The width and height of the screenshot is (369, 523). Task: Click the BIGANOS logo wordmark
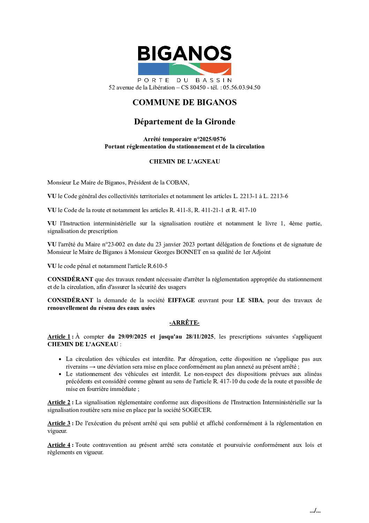pyautogui.click(x=184, y=54)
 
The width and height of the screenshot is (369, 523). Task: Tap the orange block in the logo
pyautogui.click(x=216, y=69)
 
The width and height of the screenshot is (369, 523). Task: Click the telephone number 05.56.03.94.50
pyautogui.click(x=241, y=87)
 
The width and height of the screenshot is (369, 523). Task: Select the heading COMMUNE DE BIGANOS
pyautogui.click(x=184, y=102)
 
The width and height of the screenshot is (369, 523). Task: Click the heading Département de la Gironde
pyautogui.click(x=184, y=122)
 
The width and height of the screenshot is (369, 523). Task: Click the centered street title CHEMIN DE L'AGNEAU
pyautogui.click(x=184, y=161)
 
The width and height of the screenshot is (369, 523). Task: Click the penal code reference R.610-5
pyautogui.click(x=157, y=266)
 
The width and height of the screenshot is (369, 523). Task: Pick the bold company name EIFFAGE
pyautogui.click(x=181, y=300)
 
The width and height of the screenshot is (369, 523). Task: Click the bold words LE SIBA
pyautogui.click(x=249, y=300)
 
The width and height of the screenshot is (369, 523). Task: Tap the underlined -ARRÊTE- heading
pyautogui.click(x=184, y=322)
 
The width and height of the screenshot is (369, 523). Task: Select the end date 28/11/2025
pyautogui.click(x=199, y=336)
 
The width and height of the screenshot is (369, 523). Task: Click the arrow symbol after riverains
pyautogui.click(x=92, y=366)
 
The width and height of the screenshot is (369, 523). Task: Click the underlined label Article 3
pyautogui.click(x=59, y=423)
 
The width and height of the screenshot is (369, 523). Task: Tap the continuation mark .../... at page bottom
pyautogui.click(x=315, y=511)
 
